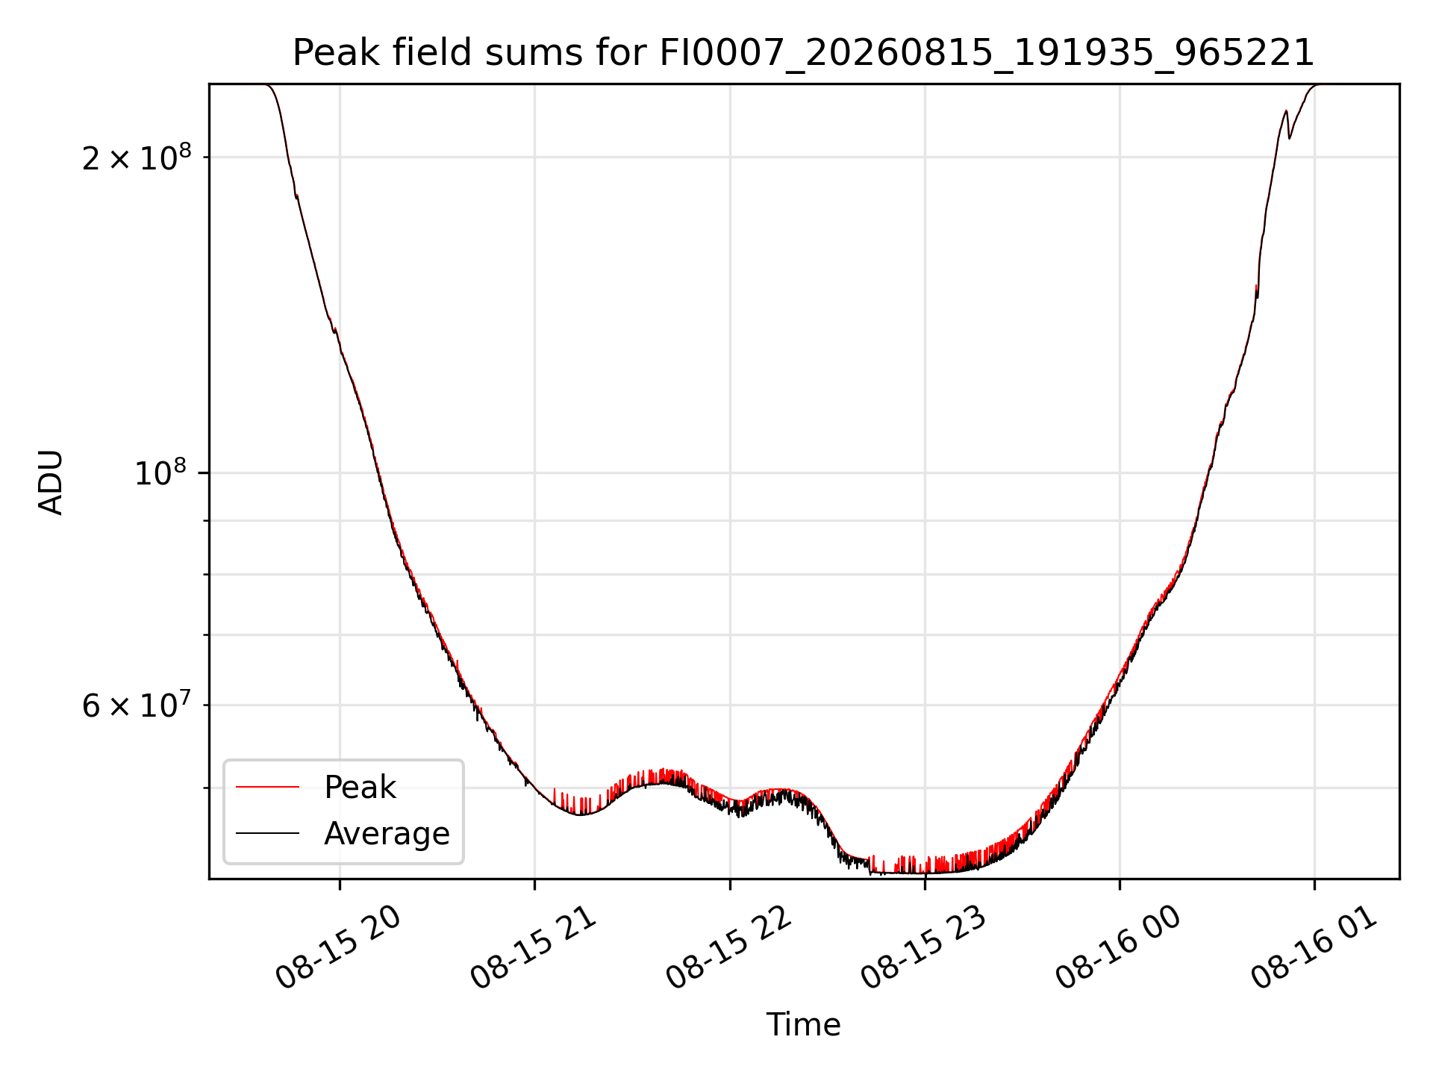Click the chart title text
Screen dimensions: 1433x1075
coord(803,53)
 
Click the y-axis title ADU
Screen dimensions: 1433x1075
coord(51,482)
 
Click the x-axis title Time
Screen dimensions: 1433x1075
coord(803,1025)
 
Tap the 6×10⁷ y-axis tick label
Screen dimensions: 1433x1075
coord(137,705)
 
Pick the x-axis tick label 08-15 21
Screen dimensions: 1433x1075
coord(534,948)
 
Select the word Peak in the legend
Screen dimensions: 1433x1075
coord(360,788)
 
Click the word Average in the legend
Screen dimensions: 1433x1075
coord(387,834)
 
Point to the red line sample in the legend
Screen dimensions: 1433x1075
coord(267,787)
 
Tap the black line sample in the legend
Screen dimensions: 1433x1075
coord(267,833)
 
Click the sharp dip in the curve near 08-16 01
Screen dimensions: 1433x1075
coord(1289,137)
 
